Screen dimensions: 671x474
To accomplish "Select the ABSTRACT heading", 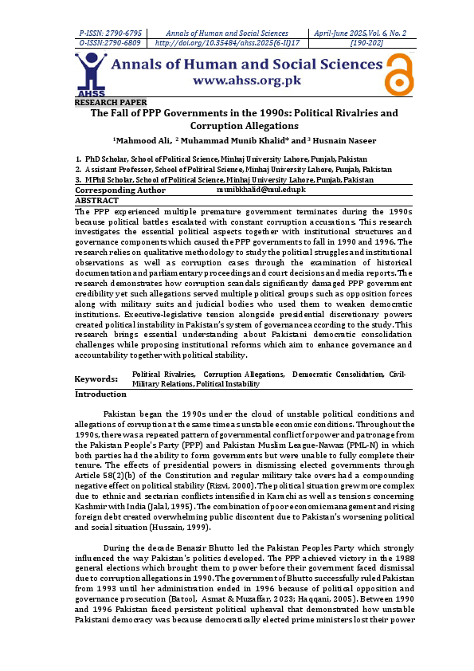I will [x=96, y=201].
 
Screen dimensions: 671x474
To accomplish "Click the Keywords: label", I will [x=96, y=379].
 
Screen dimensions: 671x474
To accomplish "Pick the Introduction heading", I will [x=100, y=394].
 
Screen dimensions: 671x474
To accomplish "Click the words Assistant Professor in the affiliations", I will [x=121, y=170].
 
